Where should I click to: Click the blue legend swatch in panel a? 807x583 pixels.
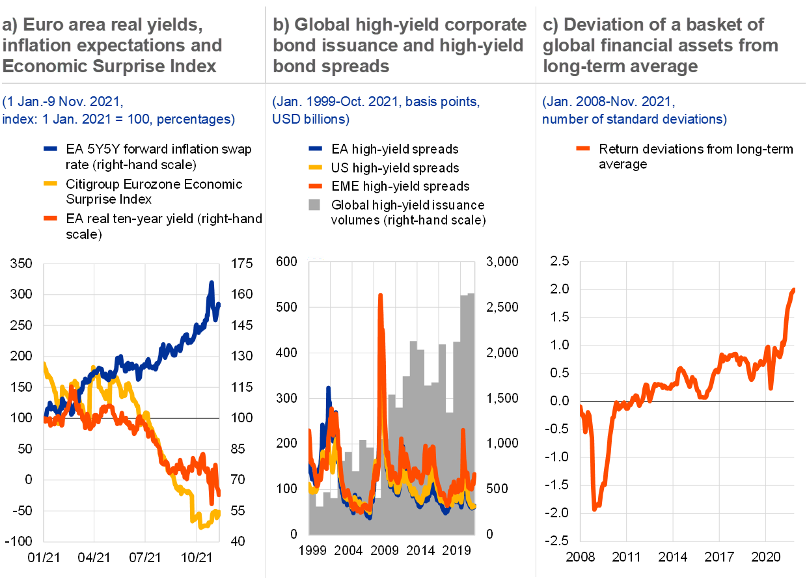[x=50, y=148]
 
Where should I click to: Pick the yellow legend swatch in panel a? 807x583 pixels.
[x=50, y=183]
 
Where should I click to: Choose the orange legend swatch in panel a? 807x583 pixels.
[x=50, y=218]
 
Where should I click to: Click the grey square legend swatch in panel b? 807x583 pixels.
[x=314, y=204]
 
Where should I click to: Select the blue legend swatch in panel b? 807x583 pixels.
[x=315, y=148]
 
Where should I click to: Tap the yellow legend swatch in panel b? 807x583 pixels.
[x=315, y=167]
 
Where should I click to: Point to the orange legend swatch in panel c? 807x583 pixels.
[x=583, y=148]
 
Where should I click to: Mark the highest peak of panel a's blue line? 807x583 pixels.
[x=211, y=282]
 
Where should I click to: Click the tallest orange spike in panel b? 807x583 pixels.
[x=380, y=295]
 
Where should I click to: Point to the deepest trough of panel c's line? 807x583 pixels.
[x=594, y=509]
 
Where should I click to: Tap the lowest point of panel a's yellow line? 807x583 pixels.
[x=201, y=526]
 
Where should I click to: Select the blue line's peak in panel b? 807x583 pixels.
[x=329, y=388]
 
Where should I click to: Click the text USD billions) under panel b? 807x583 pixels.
[x=311, y=120]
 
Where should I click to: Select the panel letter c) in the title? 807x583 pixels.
[x=551, y=25]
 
